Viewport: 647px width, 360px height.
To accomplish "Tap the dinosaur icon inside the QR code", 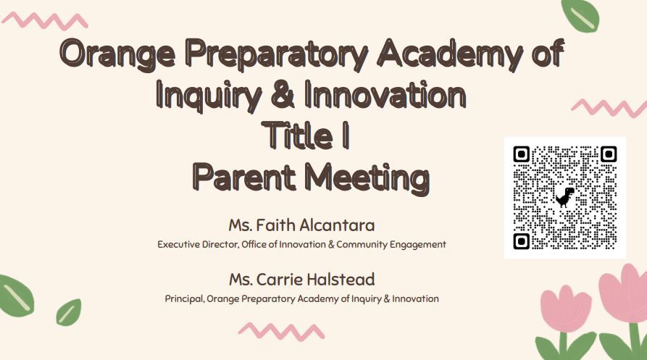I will tap(564, 196).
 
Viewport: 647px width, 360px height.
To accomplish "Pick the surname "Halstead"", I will tap(338, 279).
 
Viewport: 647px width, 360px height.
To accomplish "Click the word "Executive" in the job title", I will tap(178, 245).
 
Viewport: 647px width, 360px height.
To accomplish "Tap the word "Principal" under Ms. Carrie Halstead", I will tap(184, 298).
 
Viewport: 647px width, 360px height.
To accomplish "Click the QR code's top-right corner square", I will tap(608, 154).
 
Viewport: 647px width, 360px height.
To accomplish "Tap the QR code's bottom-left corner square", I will tap(521, 240).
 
